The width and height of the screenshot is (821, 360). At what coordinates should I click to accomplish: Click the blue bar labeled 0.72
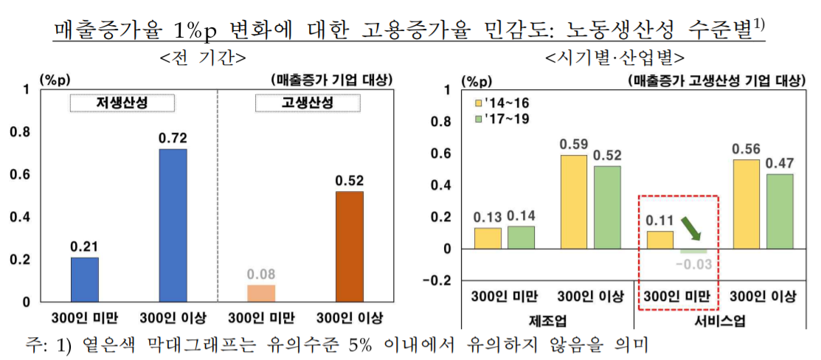(x=172, y=225)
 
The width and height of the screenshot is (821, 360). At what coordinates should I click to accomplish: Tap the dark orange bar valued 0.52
(x=350, y=246)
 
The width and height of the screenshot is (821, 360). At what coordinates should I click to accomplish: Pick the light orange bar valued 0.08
(x=261, y=293)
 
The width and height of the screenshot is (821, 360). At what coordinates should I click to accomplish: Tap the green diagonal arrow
(x=690, y=228)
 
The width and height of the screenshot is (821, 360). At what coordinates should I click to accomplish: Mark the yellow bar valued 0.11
(x=660, y=240)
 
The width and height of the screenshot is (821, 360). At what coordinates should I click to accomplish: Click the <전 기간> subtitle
(x=202, y=58)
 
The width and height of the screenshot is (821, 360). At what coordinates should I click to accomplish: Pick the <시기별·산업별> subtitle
(x=614, y=58)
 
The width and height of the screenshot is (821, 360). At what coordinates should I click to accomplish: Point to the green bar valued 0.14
(x=521, y=237)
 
